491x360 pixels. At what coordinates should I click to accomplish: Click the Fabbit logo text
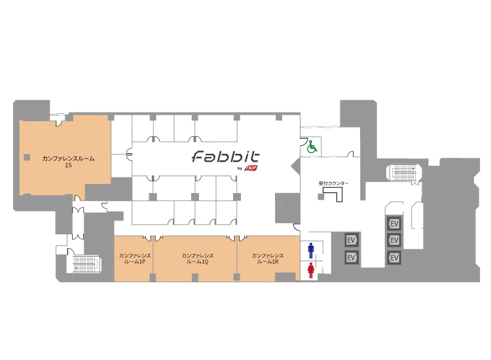click(225, 156)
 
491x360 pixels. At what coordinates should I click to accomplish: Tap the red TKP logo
click(251, 168)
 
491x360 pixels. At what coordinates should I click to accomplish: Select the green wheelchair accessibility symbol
click(312, 147)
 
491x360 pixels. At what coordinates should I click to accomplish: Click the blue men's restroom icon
click(310, 251)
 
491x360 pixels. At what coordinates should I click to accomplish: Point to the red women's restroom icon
click(310, 270)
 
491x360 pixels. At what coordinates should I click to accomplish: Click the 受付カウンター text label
click(333, 183)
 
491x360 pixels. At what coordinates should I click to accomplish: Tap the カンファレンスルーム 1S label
click(68, 162)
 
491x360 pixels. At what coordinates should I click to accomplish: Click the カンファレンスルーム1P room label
click(135, 259)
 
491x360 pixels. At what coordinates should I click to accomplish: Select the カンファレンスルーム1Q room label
click(198, 259)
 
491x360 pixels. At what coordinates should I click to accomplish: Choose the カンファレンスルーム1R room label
click(268, 259)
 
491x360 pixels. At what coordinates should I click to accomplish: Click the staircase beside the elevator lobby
click(404, 173)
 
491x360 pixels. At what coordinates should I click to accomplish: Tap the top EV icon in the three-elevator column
click(394, 223)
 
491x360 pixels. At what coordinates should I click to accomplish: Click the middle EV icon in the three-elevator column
click(394, 240)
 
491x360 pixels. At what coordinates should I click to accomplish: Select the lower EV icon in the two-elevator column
click(352, 257)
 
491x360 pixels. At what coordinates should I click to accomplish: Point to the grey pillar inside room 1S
click(27, 157)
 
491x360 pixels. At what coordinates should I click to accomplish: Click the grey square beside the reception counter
click(321, 197)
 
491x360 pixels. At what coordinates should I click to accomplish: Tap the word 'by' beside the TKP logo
click(240, 169)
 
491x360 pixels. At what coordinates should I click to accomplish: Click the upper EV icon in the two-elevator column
click(352, 240)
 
